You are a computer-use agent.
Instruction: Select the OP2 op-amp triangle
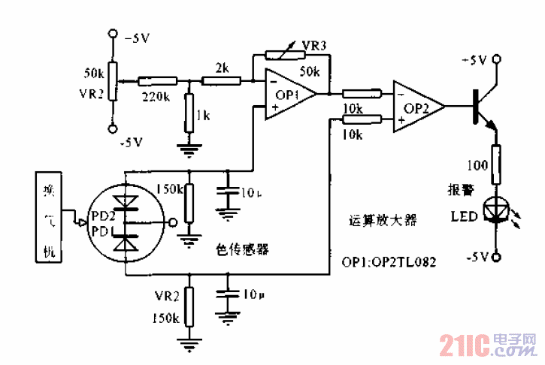[x=416, y=107]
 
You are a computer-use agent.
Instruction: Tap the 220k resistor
[x=156, y=79]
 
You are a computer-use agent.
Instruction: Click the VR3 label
[x=313, y=46]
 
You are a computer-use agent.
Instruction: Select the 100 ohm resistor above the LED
[x=495, y=165]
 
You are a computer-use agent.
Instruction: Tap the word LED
[x=463, y=217]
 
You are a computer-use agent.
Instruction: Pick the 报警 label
[x=459, y=191]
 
